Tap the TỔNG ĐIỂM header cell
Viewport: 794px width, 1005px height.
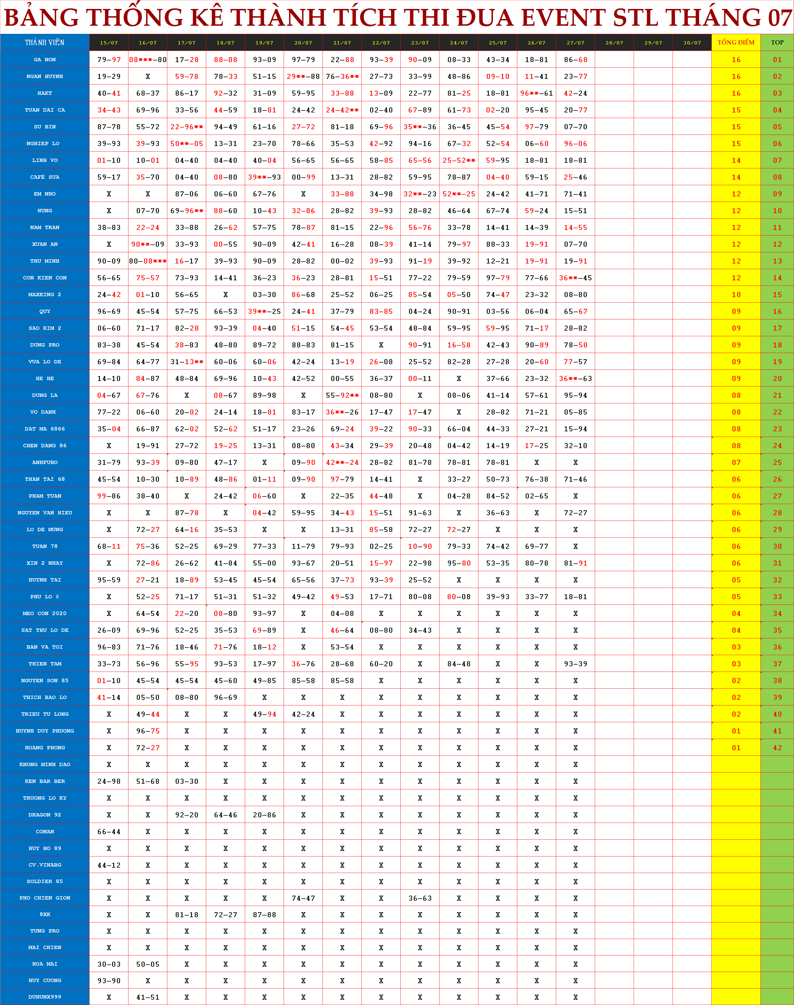tap(736, 42)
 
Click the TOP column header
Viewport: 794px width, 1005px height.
tap(777, 42)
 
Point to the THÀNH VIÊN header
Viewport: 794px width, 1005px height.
tap(45, 42)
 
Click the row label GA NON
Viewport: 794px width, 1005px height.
tap(45, 60)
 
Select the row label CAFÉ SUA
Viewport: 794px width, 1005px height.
tap(45, 177)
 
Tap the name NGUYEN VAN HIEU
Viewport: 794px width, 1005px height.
tap(45, 512)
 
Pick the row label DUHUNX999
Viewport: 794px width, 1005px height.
tap(45, 997)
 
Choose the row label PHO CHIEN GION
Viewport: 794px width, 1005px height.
tap(45, 898)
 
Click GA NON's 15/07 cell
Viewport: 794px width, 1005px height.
tap(109, 60)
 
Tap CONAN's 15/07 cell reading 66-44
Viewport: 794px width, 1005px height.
tap(109, 832)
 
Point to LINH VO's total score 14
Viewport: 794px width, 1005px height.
tap(736, 160)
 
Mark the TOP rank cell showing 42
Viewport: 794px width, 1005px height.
tap(777, 748)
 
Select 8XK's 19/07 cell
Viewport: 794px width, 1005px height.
tap(264, 914)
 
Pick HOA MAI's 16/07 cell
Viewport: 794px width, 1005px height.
tap(148, 964)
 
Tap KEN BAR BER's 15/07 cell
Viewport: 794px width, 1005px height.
tap(109, 781)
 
